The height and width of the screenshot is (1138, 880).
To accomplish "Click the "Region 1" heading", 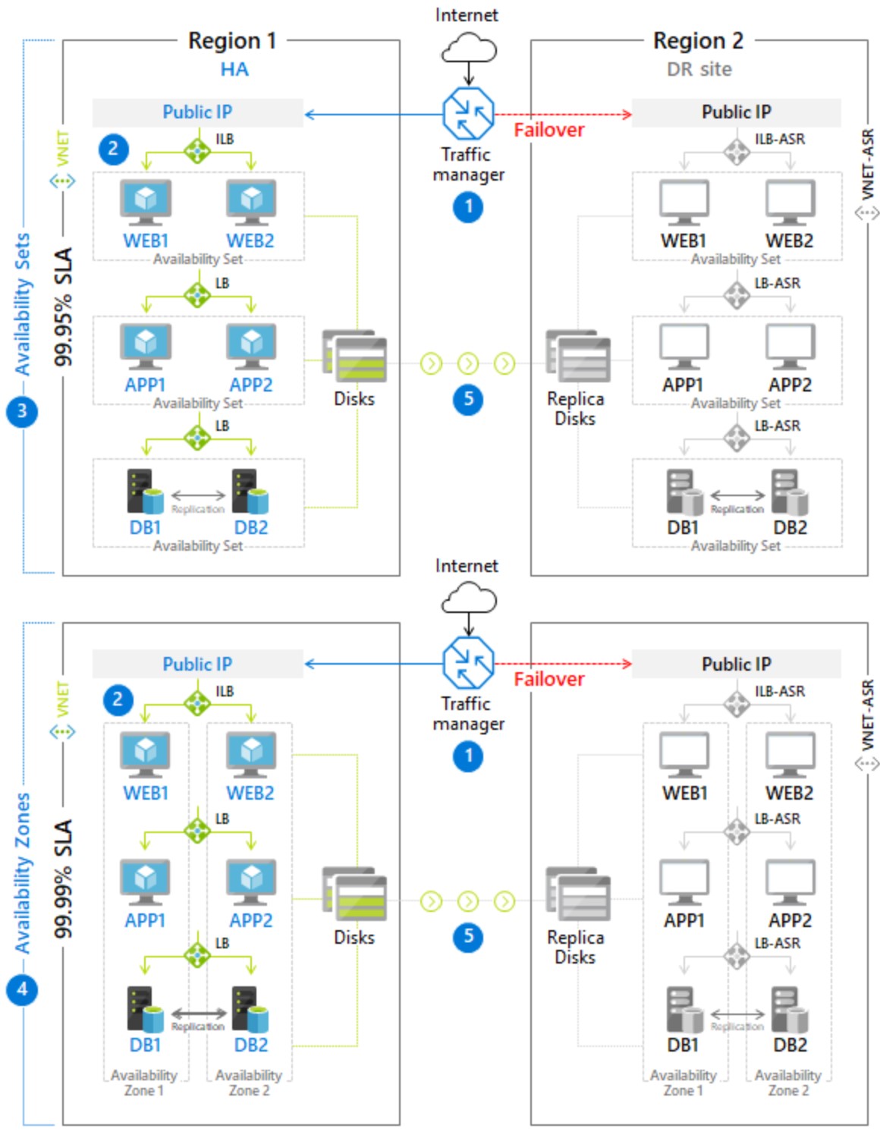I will coord(231,40).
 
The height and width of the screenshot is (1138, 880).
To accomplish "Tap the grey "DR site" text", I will coord(699,69).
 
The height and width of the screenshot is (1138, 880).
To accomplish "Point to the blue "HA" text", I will coord(234,69).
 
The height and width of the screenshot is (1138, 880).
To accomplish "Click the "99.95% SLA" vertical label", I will coord(64,307).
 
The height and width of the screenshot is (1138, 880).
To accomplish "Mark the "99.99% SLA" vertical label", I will coord(64,878).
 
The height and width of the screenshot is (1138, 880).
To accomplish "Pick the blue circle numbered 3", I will coord(22,411).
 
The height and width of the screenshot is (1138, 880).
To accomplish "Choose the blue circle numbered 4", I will coord(22,989).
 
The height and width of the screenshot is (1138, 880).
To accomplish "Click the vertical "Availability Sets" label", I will coord(23,303).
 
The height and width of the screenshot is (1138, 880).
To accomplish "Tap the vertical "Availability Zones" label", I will coord(23,872).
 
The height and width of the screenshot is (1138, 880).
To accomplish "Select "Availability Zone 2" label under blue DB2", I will coord(249,1083).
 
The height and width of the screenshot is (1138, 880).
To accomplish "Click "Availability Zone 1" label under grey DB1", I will coord(683,1083).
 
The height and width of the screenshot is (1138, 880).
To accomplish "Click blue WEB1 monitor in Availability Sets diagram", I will coord(145,202).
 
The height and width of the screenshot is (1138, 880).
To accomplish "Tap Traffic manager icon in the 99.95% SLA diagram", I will coord(468,113).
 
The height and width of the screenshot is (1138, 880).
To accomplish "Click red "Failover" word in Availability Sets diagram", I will coord(548,130).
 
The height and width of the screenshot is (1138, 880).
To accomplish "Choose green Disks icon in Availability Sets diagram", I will coord(354,356).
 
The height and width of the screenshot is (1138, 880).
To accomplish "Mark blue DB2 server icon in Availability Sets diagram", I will coord(250,492).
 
